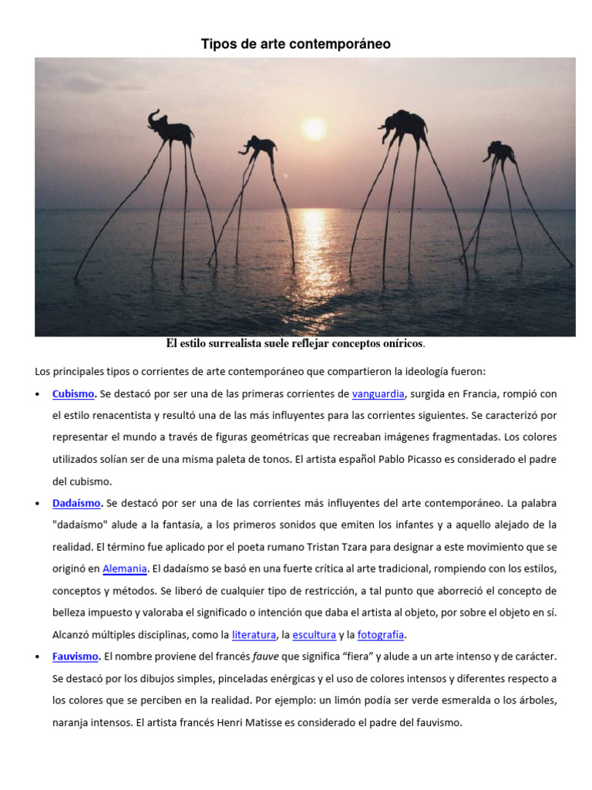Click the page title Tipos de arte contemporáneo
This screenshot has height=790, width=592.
(x=295, y=45)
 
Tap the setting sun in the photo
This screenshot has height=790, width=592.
(x=314, y=129)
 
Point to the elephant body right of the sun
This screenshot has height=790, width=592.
(x=405, y=123)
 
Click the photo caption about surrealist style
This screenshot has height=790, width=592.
(x=296, y=343)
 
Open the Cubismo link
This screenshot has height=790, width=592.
(x=73, y=394)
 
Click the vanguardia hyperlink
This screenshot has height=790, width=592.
(x=378, y=394)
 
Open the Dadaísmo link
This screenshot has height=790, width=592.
(x=76, y=503)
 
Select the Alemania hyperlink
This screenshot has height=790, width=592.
(x=125, y=569)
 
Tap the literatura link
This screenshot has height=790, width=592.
(x=254, y=635)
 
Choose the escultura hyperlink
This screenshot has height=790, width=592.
(x=314, y=635)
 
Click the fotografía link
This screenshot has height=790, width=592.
(x=381, y=635)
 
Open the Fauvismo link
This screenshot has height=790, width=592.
(x=76, y=657)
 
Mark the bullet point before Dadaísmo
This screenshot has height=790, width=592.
(x=39, y=503)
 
